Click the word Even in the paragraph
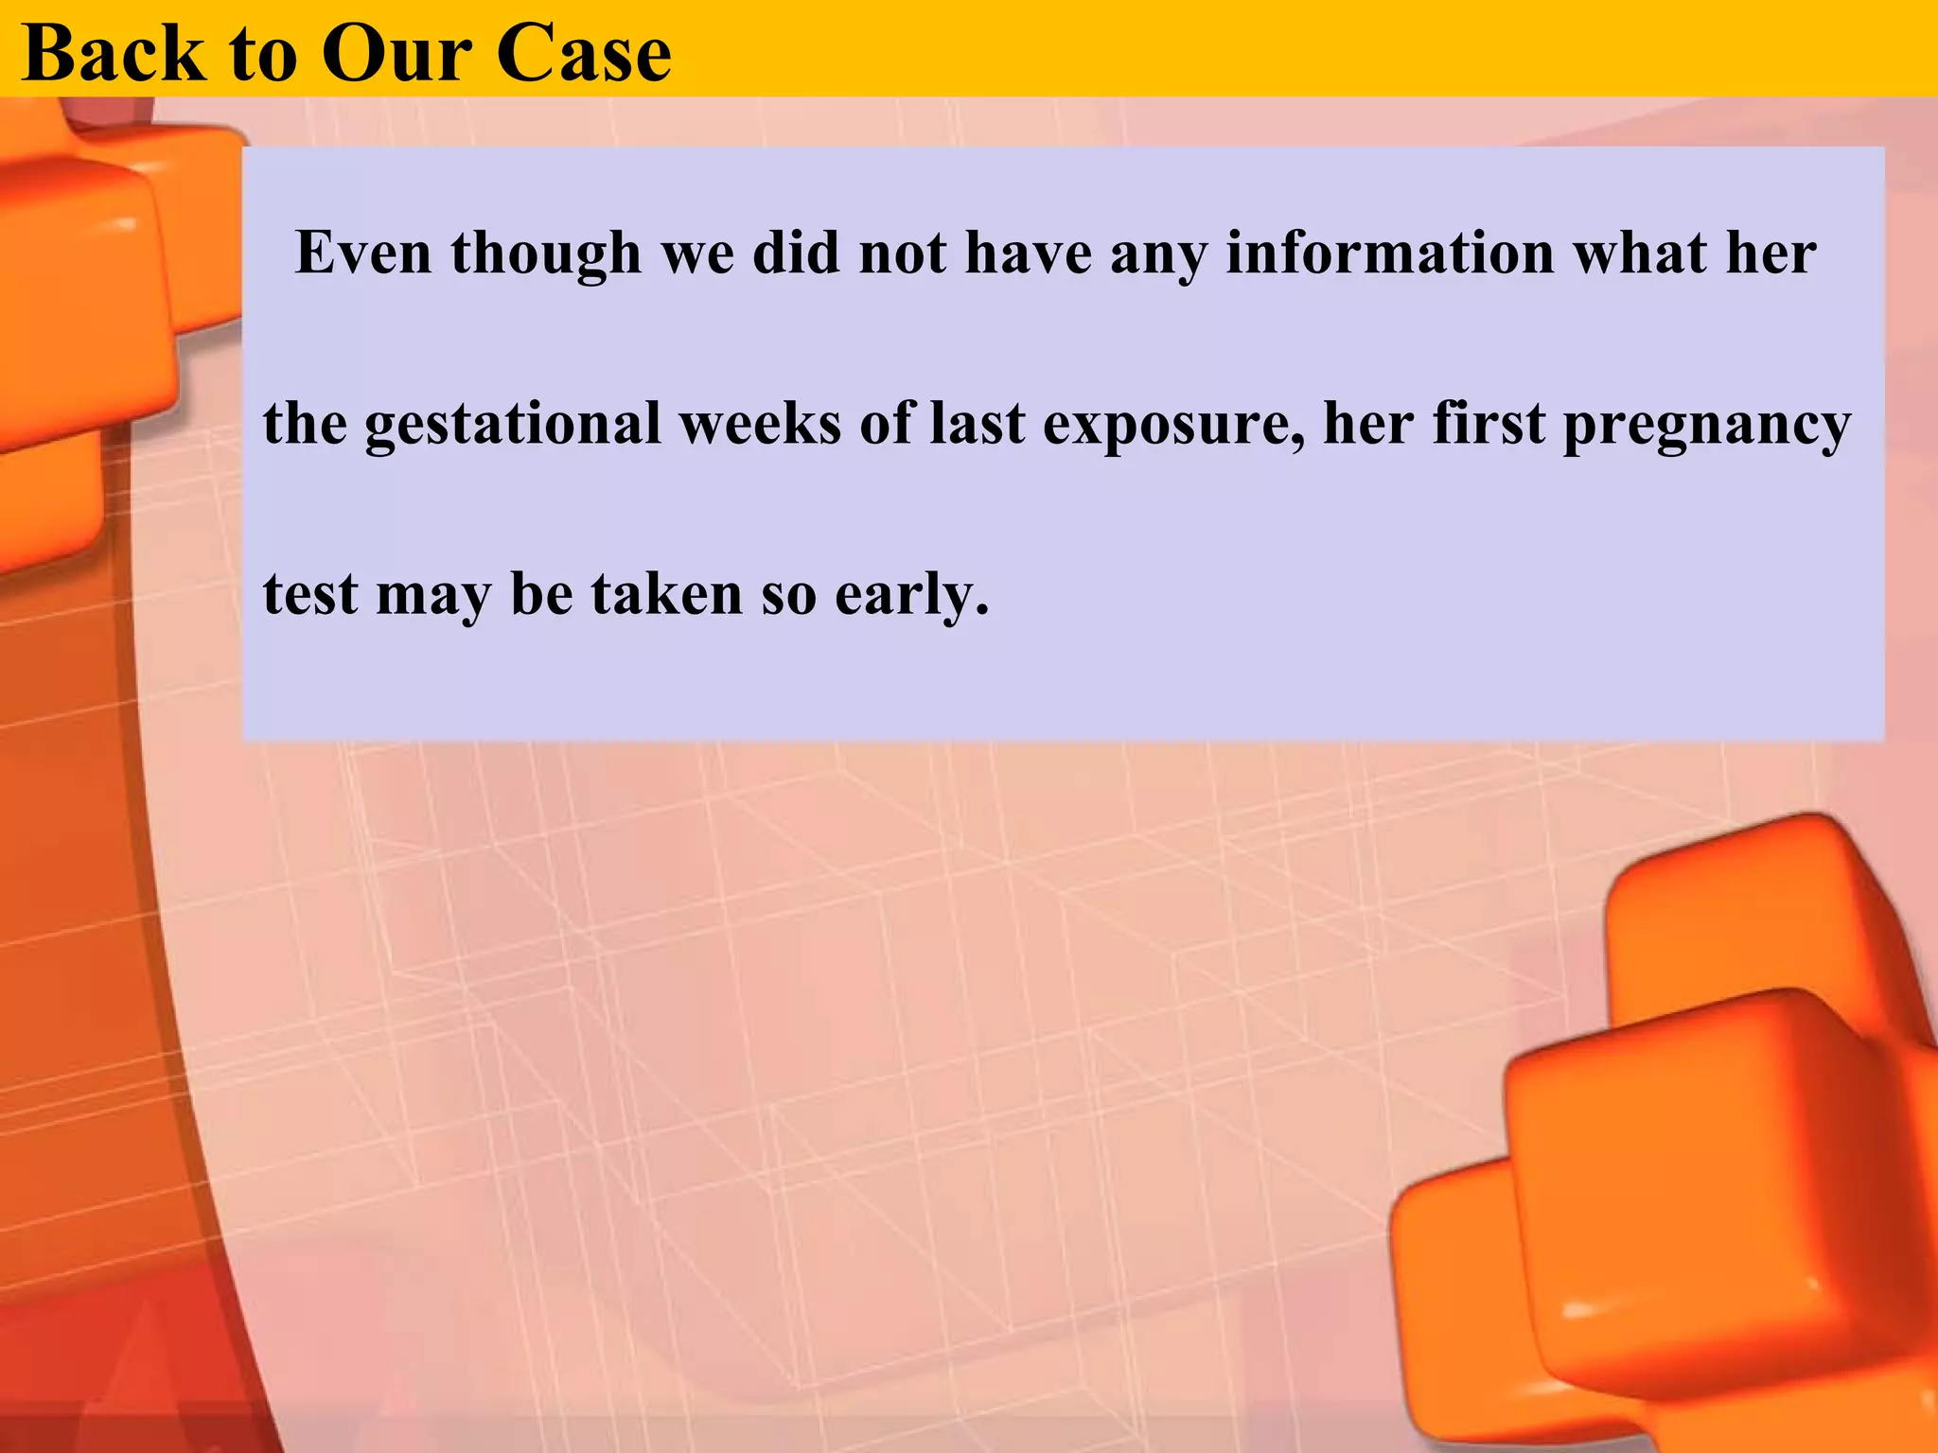(x=363, y=254)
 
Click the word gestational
(x=512, y=424)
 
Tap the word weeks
(x=760, y=424)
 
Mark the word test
(x=310, y=595)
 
